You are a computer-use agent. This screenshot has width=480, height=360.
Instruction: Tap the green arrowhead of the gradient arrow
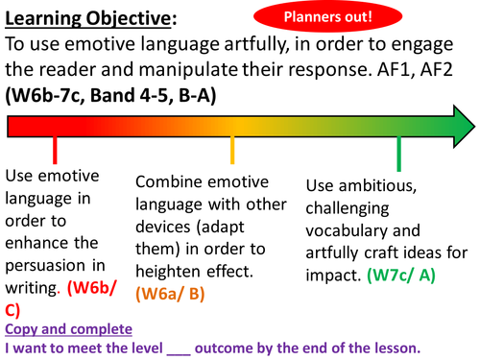pos(462,124)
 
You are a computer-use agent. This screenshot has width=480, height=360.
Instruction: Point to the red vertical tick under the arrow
pos(55,151)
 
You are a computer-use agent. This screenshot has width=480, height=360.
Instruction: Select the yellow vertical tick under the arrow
pos(232,151)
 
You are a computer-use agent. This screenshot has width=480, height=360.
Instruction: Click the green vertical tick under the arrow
pos(398,151)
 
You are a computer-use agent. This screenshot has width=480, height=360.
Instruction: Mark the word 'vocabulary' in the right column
pos(349,231)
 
